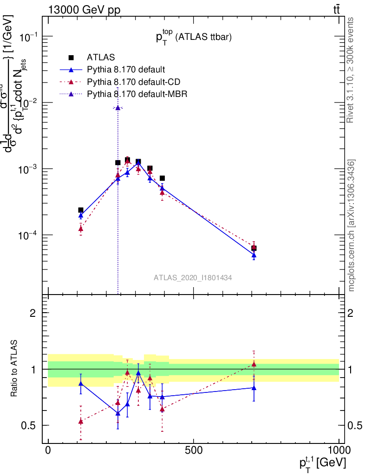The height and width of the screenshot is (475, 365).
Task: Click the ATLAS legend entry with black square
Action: tap(101, 58)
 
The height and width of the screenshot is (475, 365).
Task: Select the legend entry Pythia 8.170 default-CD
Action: tap(133, 82)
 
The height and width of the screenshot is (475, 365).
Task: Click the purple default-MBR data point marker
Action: tap(118, 108)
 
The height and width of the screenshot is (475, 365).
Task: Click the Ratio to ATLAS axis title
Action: tap(15, 369)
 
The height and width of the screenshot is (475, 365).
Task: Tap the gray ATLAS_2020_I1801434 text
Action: tap(193, 277)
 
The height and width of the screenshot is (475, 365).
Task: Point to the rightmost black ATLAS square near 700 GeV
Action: tap(254, 248)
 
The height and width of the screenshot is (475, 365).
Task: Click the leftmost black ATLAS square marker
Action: tap(81, 210)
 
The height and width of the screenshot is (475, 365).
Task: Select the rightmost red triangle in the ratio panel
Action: tap(254, 365)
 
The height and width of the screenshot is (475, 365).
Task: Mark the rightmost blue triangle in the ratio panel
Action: tap(254, 387)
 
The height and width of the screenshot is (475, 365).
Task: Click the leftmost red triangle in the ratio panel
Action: tap(81, 421)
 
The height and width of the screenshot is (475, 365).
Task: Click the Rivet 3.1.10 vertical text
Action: tap(351, 70)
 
